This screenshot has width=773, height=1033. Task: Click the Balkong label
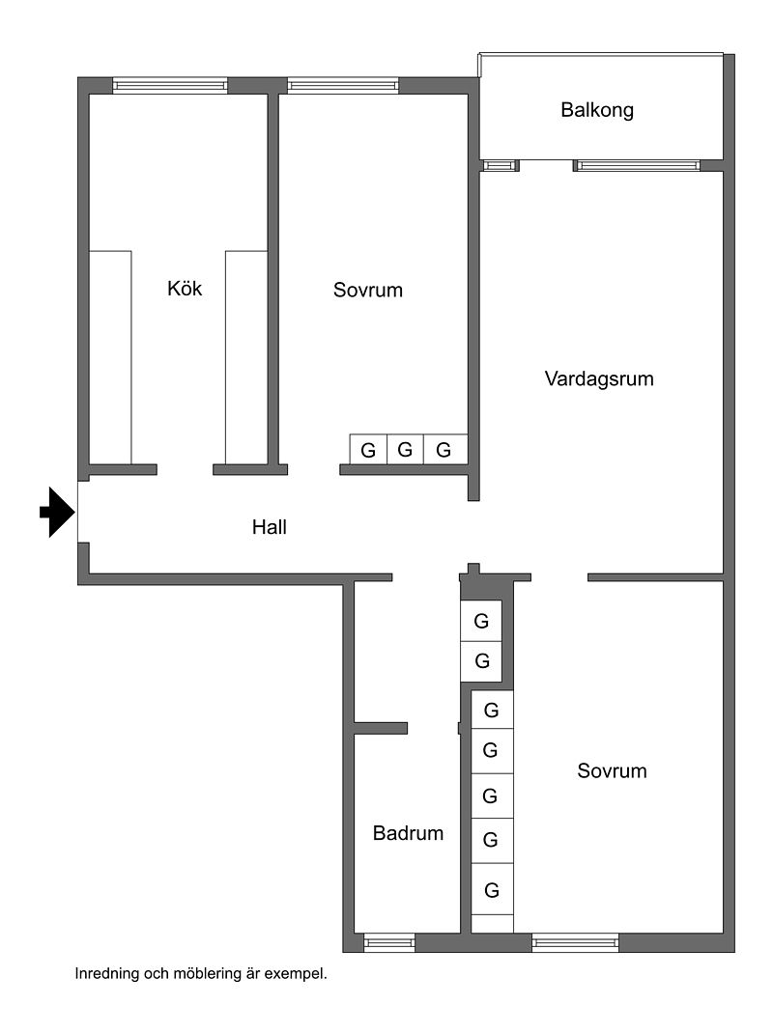point(597,110)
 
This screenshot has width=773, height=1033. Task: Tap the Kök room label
point(185,288)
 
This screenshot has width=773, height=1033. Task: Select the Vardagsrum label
point(599,378)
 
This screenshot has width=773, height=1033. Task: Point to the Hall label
point(270,527)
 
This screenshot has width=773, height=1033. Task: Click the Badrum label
point(409,832)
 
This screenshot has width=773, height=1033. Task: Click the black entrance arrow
point(57,512)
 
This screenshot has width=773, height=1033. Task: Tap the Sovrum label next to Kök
point(368,290)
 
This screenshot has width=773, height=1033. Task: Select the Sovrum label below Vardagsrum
point(613,770)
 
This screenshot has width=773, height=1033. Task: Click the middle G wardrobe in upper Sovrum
point(406,449)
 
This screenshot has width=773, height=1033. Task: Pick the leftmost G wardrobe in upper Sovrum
point(368,449)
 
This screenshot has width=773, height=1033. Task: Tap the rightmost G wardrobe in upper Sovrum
point(444,449)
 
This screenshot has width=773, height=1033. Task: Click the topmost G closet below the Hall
point(482,620)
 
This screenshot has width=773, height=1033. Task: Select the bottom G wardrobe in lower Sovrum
point(492,890)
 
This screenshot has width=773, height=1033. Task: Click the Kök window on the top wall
point(170,85)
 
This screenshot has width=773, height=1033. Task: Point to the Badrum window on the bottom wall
point(389,942)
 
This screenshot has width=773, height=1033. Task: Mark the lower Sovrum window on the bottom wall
point(576,942)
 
